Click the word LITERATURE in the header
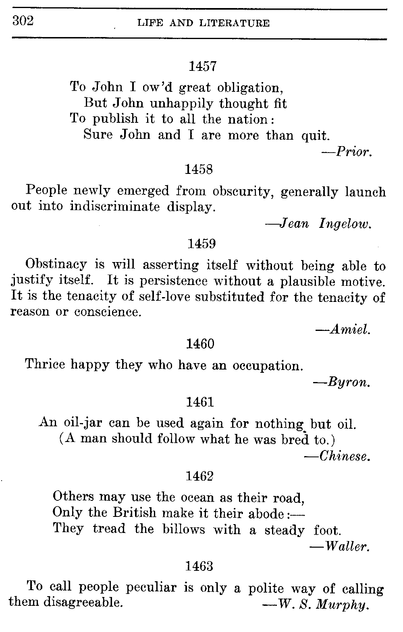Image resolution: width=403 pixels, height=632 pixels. [235, 23]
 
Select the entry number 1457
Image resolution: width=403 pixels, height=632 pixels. [203, 66]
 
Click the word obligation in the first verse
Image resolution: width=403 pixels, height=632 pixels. [248, 87]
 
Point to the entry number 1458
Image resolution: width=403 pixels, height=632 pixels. [199, 169]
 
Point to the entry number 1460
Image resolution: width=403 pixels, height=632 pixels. [200, 344]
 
